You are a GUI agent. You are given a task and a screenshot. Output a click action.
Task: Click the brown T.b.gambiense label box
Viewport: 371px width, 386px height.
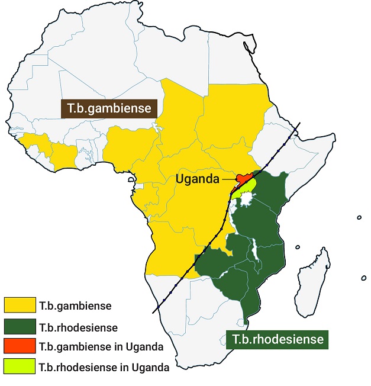109,109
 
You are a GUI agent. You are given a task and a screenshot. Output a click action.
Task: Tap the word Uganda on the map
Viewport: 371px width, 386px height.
196,178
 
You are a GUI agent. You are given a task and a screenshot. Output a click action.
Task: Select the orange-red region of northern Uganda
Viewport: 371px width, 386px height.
243,177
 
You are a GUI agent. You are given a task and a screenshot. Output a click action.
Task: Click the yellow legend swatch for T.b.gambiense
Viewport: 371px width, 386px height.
20,305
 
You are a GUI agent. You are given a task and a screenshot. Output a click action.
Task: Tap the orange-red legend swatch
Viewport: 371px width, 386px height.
20,346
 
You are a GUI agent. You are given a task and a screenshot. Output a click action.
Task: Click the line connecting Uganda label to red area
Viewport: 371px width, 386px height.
228,178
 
